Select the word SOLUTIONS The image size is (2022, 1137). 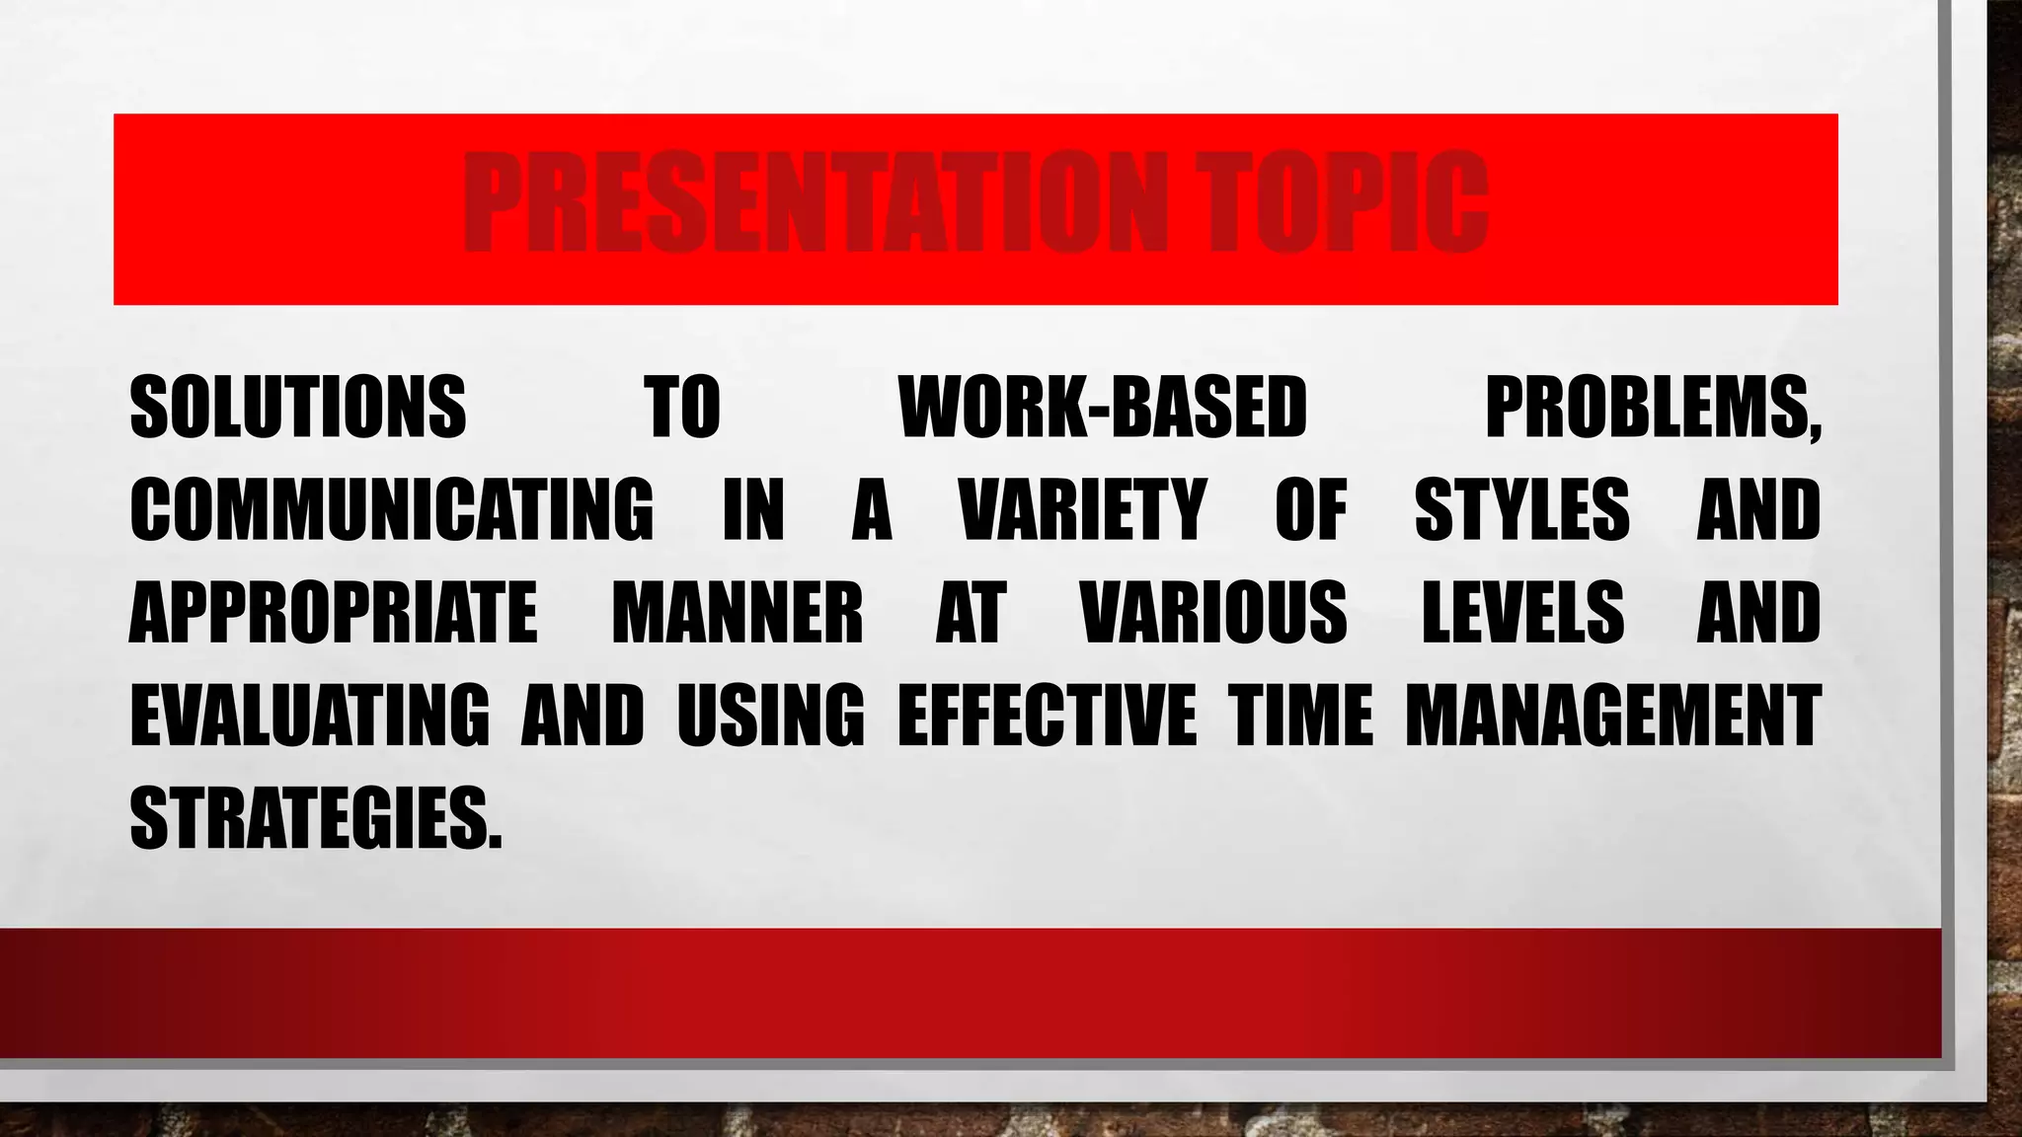pos(297,408)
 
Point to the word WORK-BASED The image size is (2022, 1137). pos(1103,408)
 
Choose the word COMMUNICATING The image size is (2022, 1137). pos(391,510)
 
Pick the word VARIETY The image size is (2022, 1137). pos(1083,510)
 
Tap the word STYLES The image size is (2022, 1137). pos(1521,510)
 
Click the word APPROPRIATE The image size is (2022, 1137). pos(334,613)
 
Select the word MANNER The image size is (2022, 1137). pos(738,613)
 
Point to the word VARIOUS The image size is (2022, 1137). pos(1214,613)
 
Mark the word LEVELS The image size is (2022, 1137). pos(1522,613)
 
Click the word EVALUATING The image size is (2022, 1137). pos(309,716)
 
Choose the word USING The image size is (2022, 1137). pos(770,716)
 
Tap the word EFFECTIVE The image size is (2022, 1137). pos(1047,716)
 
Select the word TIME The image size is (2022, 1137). pos(1300,716)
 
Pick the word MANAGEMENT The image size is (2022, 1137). pos(1613,716)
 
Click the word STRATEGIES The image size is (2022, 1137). pos(315,818)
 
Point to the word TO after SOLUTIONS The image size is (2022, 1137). pos(682,408)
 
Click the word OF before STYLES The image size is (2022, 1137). pos(1311,510)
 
